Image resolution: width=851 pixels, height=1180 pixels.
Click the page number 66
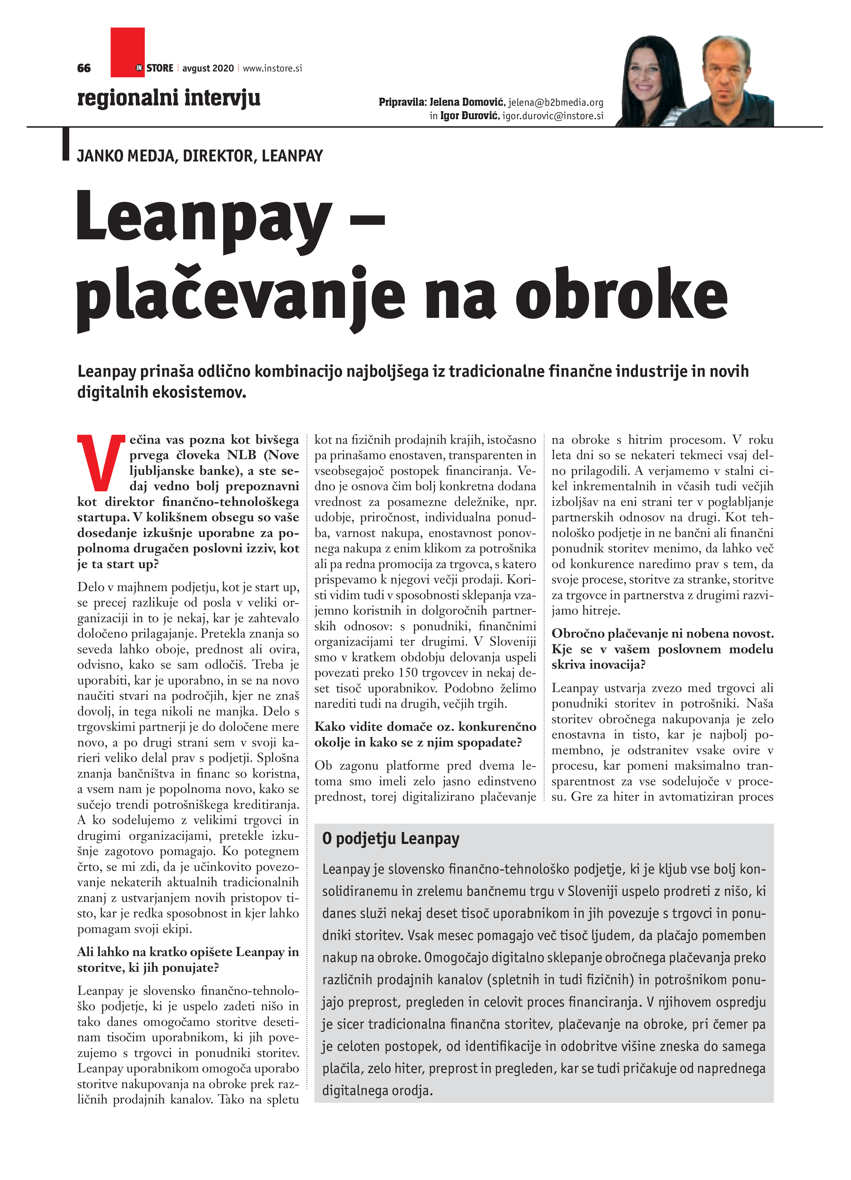pos(83,68)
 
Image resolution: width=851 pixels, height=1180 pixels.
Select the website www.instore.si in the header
pos(272,68)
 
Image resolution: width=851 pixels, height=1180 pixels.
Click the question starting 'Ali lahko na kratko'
pos(188,959)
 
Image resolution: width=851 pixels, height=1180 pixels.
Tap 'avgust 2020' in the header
pos(208,68)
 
